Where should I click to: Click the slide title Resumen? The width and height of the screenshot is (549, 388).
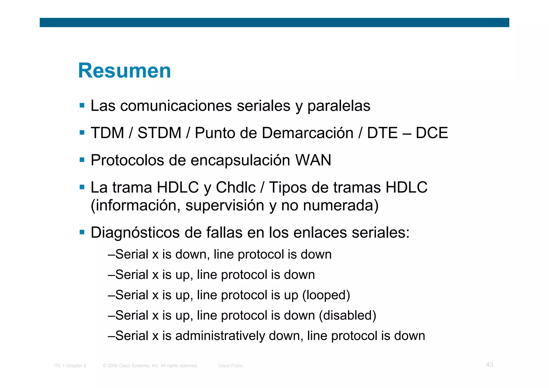(124, 71)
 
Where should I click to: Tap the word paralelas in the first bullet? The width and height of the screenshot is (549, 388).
(339, 106)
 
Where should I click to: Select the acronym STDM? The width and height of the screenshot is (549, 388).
(159, 133)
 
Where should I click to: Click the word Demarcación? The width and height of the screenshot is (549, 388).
(307, 133)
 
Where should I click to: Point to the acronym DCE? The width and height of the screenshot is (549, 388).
(432, 133)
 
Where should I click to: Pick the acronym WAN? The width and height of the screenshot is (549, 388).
(313, 160)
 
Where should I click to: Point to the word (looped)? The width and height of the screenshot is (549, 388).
(326, 295)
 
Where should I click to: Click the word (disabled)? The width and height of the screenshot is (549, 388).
(347, 315)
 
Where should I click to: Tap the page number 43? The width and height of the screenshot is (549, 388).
(489, 364)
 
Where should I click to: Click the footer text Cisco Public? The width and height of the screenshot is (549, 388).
(231, 366)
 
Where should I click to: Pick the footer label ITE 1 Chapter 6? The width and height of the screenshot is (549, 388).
(70, 366)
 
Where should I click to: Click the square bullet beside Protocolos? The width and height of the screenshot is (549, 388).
(82, 160)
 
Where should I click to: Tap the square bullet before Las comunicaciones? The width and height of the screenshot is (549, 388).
(82, 105)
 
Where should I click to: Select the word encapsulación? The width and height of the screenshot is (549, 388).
(240, 160)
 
